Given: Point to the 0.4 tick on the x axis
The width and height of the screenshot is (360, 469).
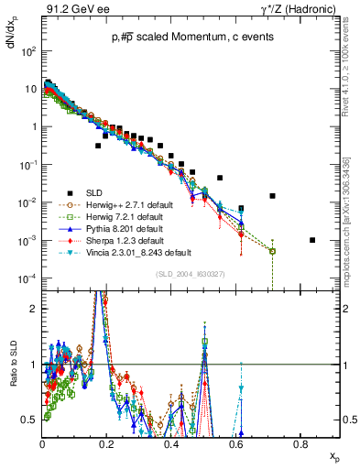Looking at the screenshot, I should (171, 443).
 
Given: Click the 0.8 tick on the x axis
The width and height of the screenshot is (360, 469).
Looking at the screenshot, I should (300, 443).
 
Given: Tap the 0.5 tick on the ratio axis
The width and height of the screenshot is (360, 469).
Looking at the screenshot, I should (32, 420).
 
